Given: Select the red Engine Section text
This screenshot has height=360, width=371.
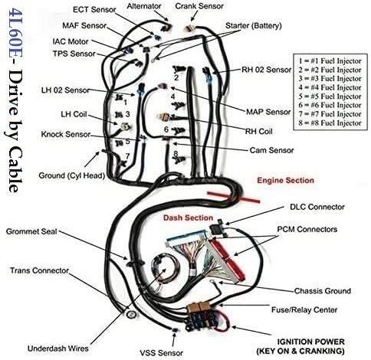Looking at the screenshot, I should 285,181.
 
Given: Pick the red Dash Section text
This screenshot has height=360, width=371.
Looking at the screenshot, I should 189,218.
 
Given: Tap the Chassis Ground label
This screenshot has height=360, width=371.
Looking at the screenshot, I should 322,291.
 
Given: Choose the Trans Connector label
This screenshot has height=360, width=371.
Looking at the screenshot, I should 41,270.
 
